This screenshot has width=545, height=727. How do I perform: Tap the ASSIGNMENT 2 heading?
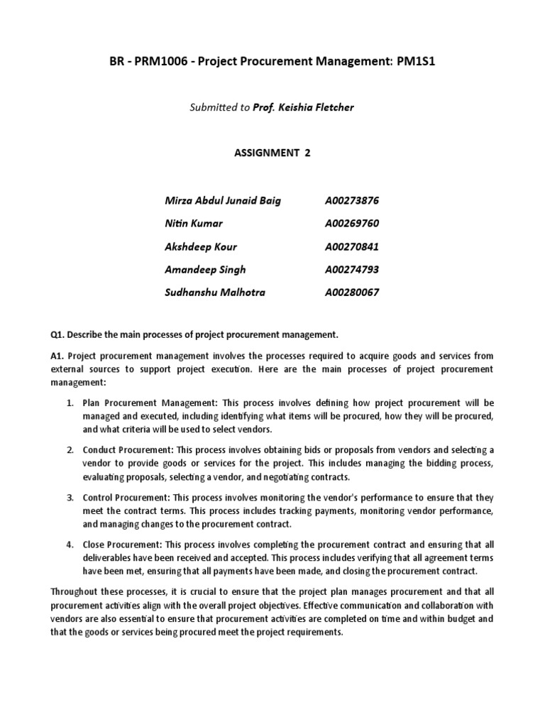[x=272, y=153]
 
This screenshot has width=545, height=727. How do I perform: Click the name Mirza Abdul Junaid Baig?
[x=222, y=200]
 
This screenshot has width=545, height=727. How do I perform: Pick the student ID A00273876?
[x=352, y=200]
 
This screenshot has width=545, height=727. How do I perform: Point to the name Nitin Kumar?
[x=193, y=223]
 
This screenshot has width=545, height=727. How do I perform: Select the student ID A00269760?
[x=352, y=223]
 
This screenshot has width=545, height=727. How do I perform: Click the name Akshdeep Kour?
[x=201, y=246]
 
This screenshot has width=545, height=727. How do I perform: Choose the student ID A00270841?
[x=352, y=246]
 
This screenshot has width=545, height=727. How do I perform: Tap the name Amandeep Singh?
[x=205, y=270]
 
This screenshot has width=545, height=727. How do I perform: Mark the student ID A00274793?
[x=352, y=270]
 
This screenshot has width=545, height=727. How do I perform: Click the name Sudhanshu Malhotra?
[x=215, y=293]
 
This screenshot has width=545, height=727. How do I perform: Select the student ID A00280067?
[x=352, y=293]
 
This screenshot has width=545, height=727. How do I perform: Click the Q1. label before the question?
[x=59, y=334]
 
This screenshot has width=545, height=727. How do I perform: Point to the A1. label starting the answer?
[x=59, y=356]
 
